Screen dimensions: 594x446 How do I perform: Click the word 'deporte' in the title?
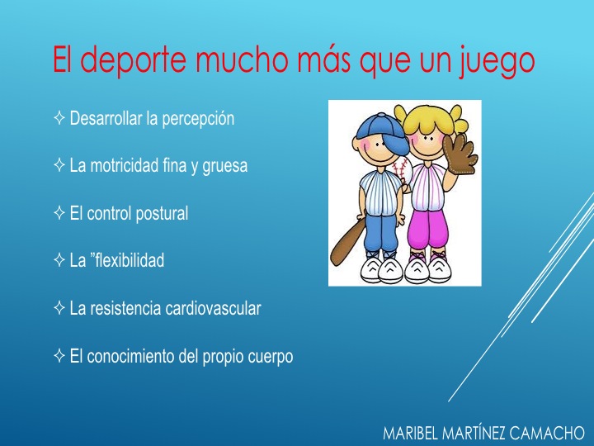(134, 59)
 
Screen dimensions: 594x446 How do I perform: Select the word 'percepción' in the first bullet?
(198, 119)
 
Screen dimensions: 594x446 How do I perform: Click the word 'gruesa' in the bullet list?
(225, 166)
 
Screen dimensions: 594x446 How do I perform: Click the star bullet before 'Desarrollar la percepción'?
(59, 117)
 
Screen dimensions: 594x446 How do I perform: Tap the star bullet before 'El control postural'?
(59, 213)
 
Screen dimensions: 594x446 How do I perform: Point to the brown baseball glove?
(460, 154)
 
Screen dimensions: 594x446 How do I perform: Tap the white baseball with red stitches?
(403, 171)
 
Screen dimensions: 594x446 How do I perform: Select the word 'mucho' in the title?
(243, 59)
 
